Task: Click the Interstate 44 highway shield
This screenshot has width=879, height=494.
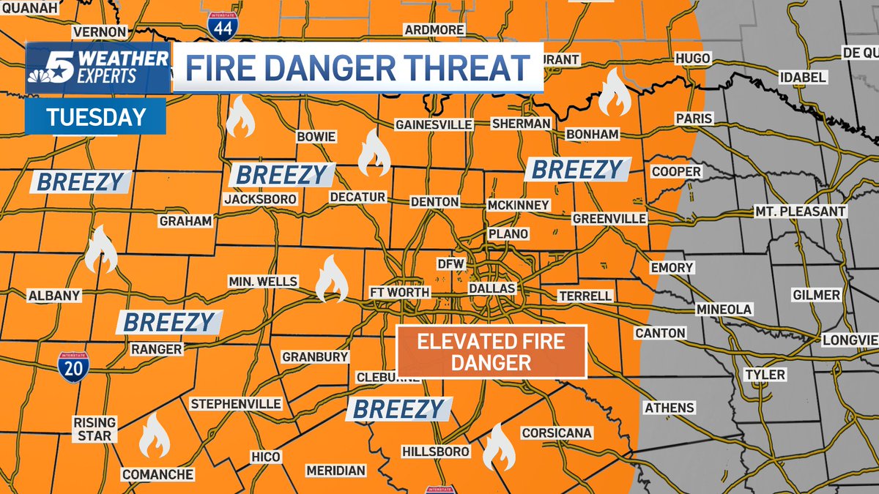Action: click(221, 26)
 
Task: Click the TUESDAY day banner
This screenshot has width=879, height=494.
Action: click(95, 117)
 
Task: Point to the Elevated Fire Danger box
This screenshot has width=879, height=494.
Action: click(491, 352)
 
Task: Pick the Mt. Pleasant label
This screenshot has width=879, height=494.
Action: click(801, 212)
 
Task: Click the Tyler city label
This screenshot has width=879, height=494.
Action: click(764, 375)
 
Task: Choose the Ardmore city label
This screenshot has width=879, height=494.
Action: click(434, 29)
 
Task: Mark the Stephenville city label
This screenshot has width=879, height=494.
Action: click(235, 404)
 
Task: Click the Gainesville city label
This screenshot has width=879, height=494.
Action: click(434, 124)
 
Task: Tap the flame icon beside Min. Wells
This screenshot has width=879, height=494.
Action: click(332, 279)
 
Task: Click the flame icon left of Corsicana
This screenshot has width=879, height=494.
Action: click(499, 446)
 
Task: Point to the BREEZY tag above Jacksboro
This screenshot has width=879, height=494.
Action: click(281, 175)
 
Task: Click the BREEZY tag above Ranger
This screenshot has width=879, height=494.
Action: click(169, 322)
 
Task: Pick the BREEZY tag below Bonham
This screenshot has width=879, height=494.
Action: click(576, 170)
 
